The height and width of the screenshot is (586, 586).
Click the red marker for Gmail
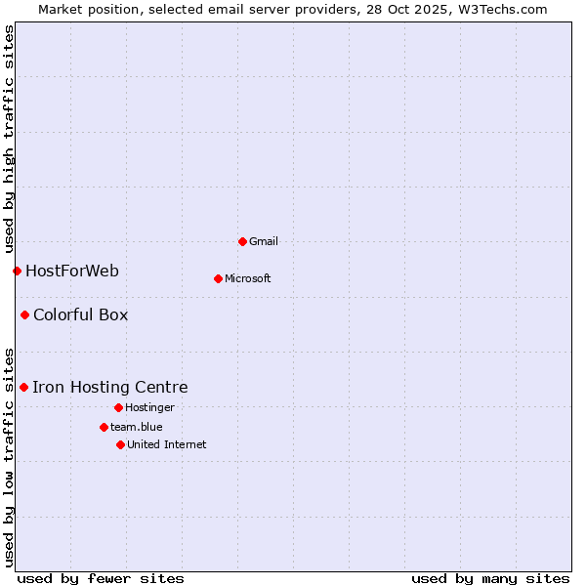[x=242, y=241]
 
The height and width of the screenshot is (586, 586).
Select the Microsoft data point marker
[x=218, y=278]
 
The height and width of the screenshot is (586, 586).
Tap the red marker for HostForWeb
[x=17, y=271]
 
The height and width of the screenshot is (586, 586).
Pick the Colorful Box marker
[x=24, y=314]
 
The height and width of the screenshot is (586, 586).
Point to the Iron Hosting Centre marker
[x=23, y=387]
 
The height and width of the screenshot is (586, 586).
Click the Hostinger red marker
[x=118, y=407]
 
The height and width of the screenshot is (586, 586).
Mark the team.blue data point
[x=104, y=427]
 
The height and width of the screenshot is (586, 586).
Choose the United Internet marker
[x=120, y=444]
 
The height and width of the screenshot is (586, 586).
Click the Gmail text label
[x=264, y=241]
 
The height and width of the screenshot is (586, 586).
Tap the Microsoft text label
[x=248, y=278]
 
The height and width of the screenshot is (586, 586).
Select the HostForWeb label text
[x=72, y=271]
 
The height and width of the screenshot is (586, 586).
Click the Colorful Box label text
[x=80, y=314]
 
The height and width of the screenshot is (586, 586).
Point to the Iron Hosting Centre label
[x=109, y=387]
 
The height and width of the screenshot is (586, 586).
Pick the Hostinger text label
[x=149, y=407]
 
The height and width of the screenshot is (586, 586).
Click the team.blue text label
[x=137, y=427]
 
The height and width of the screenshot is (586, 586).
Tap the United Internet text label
[x=167, y=444]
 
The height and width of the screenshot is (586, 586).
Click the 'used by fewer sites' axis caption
[x=101, y=578]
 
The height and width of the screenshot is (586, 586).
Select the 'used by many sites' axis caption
[x=490, y=578]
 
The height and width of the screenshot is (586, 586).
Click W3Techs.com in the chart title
[x=498, y=9]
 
